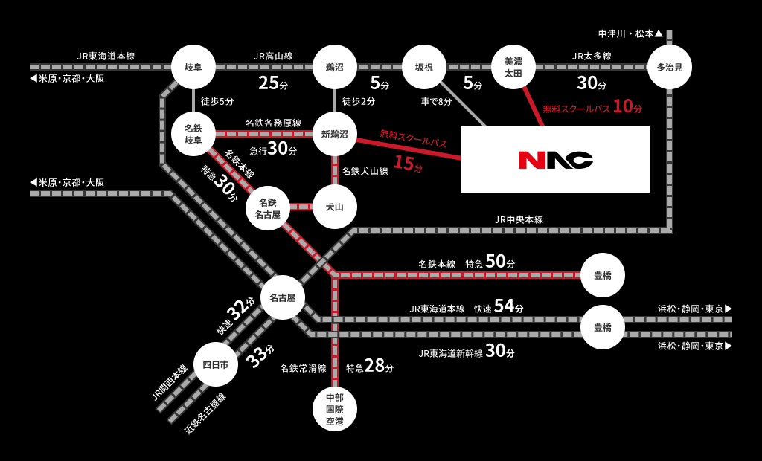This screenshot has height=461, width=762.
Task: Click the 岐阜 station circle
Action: pyautogui.click(x=193, y=67)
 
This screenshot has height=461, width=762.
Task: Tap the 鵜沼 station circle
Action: pyautogui.click(x=335, y=67)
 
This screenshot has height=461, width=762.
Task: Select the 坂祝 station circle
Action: pyautogui.click(x=423, y=67)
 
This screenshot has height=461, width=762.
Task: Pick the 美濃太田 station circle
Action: pyautogui.click(x=513, y=67)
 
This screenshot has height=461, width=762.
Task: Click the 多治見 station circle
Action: pyautogui.click(x=670, y=67)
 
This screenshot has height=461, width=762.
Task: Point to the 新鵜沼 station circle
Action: pyautogui.click(x=335, y=134)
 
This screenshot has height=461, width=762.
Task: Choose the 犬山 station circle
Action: pyautogui.click(x=335, y=207)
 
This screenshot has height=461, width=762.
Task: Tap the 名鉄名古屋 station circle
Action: pyautogui.click(x=268, y=208)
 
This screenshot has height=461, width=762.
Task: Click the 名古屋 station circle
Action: pyautogui.click(x=283, y=297)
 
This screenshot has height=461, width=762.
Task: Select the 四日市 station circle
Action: pyautogui.click(x=216, y=364)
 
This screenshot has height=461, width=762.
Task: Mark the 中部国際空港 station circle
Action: pyautogui.click(x=335, y=409)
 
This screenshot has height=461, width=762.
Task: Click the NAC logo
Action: pyautogui.click(x=555, y=160)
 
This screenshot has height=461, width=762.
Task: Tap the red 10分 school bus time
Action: pyautogui.click(x=627, y=106)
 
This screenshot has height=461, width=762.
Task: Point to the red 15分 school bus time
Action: pyautogui.click(x=408, y=164)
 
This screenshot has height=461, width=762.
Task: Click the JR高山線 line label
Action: pyautogui.click(x=273, y=56)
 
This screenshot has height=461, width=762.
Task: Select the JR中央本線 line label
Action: pyautogui.click(x=519, y=219)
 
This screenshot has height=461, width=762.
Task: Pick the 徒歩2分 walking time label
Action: pyautogui.click(x=359, y=101)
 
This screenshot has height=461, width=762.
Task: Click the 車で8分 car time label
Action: pyautogui.click(x=436, y=101)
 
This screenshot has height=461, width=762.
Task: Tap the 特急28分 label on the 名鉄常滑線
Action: pyautogui.click(x=370, y=366)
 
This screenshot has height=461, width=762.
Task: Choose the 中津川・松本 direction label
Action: pyautogui.click(x=630, y=33)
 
